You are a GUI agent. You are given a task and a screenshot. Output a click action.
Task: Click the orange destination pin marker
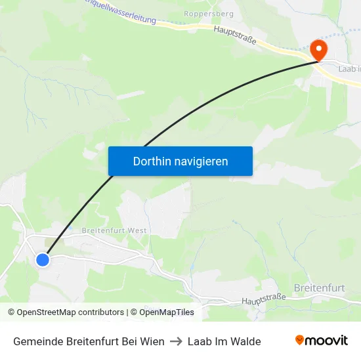coord(318,50)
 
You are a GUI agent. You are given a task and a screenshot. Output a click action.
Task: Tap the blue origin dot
coord(43,260)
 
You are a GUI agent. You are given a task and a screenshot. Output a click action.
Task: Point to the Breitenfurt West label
coord(114,231)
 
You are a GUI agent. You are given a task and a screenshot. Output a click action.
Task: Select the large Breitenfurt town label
coord(320,287)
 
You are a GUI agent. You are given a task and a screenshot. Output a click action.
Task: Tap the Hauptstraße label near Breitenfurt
coord(264,299)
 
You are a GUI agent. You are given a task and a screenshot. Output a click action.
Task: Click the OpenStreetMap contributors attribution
coord(66,312)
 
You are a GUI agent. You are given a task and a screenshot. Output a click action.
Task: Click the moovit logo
coord(322,340)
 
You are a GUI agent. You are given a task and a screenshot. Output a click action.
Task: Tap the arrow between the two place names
coord(176,341)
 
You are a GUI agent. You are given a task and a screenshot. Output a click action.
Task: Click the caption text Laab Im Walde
coord(224,341)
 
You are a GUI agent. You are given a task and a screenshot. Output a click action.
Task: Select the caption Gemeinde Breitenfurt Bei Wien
coord(89,341)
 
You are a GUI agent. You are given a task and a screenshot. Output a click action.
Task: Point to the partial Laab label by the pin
coord(349,68)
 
